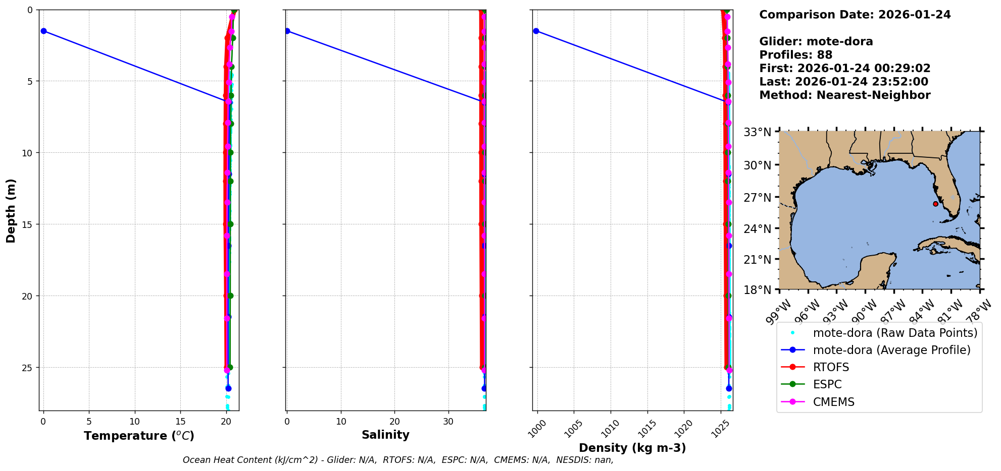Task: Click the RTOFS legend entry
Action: tap(831, 367)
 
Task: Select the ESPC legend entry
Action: tap(827, 384)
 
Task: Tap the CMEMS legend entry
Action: tap(833, 402)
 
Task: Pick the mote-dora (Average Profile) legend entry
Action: tap(891, 350)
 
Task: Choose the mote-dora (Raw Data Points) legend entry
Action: tap(895, 333)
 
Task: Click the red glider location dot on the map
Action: tap(935, 204)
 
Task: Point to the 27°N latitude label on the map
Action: tap(757, 197)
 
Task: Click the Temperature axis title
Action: tap(139, 436)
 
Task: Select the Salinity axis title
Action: tap(385, 435)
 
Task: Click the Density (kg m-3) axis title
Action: tap(632, 448)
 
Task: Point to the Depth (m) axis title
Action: tap(11, 210)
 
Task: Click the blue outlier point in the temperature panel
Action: tap(43, 31)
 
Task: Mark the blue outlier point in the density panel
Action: tap(536, 31)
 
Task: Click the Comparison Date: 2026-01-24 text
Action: tap(855, 15)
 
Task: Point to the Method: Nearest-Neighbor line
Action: tap(844, 95)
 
